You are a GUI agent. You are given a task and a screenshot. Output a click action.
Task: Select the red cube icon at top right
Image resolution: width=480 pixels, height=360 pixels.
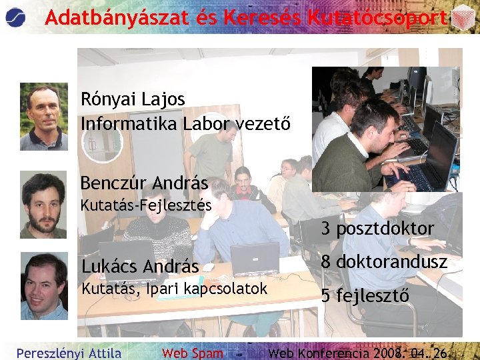463,18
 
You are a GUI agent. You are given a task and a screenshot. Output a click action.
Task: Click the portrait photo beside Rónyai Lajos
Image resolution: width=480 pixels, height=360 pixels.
43,117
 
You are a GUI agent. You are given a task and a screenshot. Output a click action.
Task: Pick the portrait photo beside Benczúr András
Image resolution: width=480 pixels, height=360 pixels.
43,205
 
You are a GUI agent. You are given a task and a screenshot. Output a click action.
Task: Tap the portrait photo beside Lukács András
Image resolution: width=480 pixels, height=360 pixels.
43,286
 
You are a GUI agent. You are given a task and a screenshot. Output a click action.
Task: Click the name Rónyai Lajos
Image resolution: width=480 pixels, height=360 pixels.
133,99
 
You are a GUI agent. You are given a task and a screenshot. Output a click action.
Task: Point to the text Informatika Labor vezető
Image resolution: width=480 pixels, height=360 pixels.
185,124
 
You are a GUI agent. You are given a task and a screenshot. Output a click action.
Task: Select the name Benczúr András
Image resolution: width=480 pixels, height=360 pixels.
144,183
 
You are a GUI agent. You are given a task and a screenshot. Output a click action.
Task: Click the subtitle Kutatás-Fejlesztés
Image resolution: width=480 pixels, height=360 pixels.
146,205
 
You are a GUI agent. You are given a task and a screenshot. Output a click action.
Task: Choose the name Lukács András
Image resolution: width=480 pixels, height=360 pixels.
140,267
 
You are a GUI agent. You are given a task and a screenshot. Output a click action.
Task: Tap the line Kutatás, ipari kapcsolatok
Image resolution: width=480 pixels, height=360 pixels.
174,289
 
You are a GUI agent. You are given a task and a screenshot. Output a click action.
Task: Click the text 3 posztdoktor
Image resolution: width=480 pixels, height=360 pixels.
377,229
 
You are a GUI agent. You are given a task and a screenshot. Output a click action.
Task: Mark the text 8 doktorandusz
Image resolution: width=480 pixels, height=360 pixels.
384,262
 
